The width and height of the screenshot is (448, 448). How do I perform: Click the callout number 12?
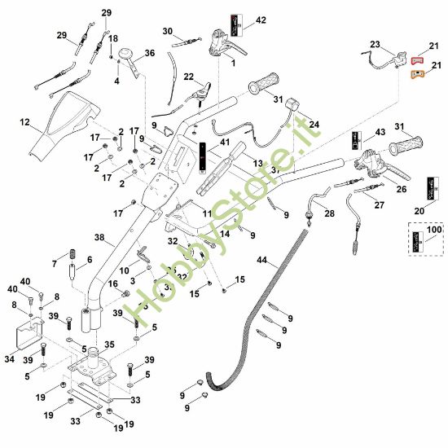(x=25, y=123)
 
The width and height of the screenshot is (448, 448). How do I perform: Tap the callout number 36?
(x=149, y=54)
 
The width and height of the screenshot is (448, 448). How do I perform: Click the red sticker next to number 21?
(x=416, y=60)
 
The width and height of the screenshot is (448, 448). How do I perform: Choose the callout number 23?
(x=375, y=44)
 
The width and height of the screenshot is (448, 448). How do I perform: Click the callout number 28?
(x=329, y=213)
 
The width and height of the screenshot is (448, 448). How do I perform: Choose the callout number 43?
(x=380, y=133)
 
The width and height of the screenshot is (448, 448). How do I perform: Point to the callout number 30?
(x=168, y=31)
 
